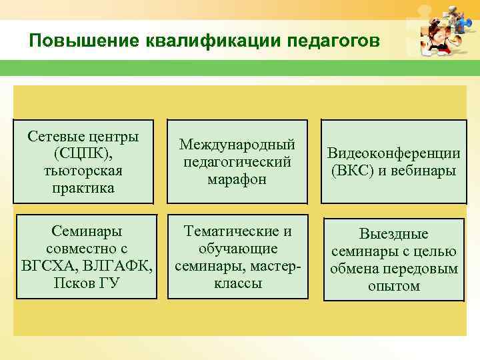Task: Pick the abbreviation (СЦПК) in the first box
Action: click(83, 153)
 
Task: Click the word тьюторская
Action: click(83, 171)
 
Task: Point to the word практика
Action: click(83, 188)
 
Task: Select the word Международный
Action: click(237, 145)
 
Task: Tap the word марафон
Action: click(237, 179)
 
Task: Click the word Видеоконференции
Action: click(393, 153)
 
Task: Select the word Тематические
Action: click(237, 231)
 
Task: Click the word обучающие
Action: click(237, 249)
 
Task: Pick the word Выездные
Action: click(393, 234)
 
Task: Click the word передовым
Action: click(424, 269)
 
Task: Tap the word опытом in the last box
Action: click(393, 286)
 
